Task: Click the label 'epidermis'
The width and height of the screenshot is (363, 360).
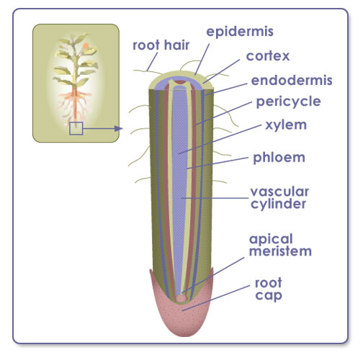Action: click(x=240, y=32)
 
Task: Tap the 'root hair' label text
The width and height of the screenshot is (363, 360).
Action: click(x=161, y=45)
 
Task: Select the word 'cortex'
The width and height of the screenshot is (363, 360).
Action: click(x=268, y=56)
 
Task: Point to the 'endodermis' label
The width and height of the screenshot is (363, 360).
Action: click(x=292, y=80)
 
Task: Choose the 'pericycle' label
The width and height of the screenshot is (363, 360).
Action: click(x=288, y=102)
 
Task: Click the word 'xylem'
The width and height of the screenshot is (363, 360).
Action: click(x=286, y=125)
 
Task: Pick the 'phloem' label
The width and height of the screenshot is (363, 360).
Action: click(x=279, y=158)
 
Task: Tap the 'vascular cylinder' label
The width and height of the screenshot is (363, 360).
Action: click(x=279, y=198)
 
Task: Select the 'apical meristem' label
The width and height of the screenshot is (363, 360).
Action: click(x=280, y=245)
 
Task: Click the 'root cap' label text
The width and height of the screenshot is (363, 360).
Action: click(x=269, y=289)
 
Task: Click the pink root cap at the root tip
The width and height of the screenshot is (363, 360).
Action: click(x=181, y=317)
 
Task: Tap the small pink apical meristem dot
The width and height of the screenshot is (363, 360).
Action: click(x=181, y=298)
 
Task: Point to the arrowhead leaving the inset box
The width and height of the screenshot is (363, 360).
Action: click(x=118, y=129)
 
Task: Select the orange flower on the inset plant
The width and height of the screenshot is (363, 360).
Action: click(x=86, y=45)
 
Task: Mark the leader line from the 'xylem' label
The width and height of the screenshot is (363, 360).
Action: click(x=220, y=139)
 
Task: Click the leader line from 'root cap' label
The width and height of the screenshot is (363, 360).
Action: click(x=216, y=298)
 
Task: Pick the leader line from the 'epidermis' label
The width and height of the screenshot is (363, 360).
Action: click(x=202, y=59)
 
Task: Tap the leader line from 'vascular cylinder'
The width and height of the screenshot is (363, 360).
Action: click(x=215, y=198)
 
